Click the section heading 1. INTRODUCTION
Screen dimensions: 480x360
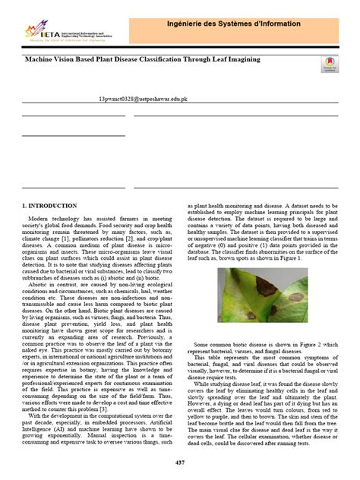tap(49, 206)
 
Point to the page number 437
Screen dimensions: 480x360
tap(180, 463)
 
